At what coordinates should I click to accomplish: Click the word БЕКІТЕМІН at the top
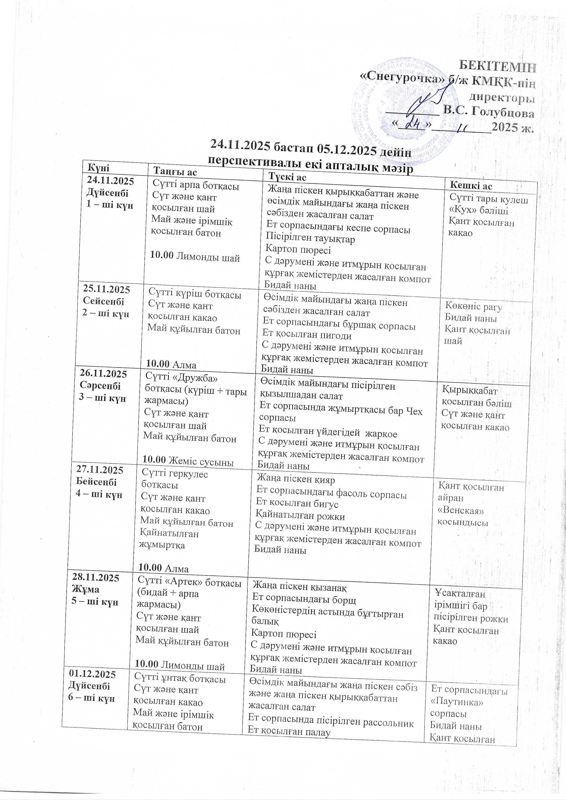click(497, 66)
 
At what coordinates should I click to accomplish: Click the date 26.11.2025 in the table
click(104, 374)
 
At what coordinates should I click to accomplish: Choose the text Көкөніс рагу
click(474, 307)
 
